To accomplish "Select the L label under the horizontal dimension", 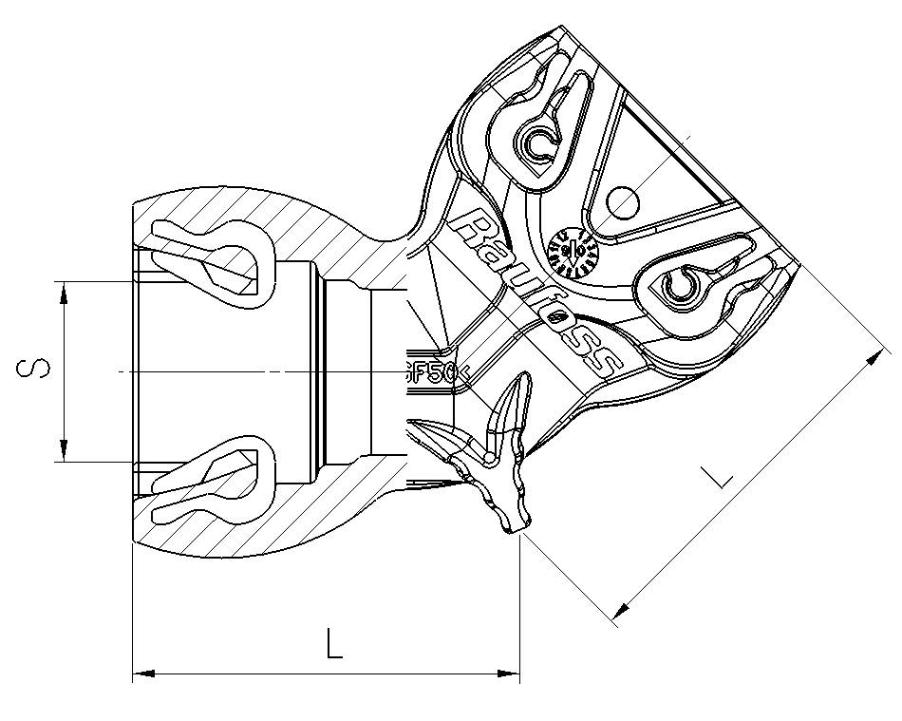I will point(332,645).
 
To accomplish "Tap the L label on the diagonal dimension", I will point(723,473).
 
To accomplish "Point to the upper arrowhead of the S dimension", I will point(64,292).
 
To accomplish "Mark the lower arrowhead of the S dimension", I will point(64,450).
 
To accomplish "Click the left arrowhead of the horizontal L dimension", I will point(142,674).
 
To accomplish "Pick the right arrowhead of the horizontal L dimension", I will point(509,674).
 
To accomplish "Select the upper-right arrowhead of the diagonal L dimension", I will point(871,358).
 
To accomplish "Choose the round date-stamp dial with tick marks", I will point(573,251).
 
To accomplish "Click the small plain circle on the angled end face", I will point(623,200).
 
